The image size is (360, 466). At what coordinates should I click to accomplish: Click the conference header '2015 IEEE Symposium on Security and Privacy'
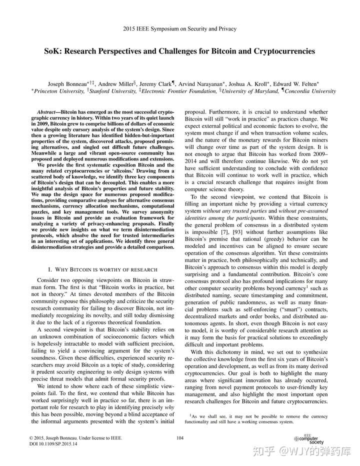pyautogui.click(x=179, y=29)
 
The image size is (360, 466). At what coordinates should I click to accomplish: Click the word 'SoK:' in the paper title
pyautogui.click(x=54, y=51)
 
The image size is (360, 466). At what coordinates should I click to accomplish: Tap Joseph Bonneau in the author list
pyautogui.click(x=66, y=83)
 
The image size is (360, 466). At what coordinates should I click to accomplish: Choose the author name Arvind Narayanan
pyautogui.click(x=200, y=83)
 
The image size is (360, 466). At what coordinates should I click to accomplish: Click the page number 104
pyautogui.click(x=180, y=438)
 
